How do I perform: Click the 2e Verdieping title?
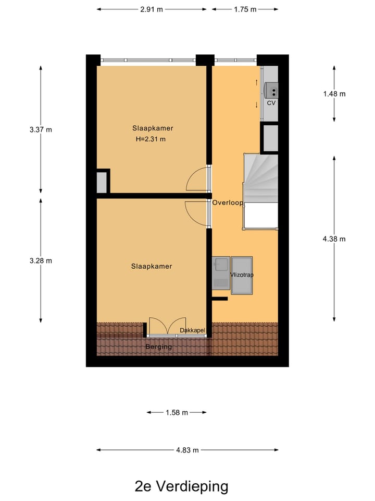[181, 486]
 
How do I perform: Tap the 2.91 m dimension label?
[152, 9]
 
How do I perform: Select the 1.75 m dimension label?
[245, 9]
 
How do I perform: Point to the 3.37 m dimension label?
[41, 130]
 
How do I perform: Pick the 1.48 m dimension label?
[334, 94]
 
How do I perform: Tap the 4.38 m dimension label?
[334, 239]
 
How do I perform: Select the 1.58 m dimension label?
[177, 412]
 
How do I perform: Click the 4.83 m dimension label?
[187, 450]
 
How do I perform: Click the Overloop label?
[228, 203]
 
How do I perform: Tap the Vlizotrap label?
[241, 275]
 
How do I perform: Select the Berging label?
[158, 347]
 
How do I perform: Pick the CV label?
[271, 103]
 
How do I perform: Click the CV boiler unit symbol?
[271, 90]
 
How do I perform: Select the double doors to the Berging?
[167, 326]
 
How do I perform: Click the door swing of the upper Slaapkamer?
[197, 180]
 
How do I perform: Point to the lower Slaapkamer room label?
[151, 266]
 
